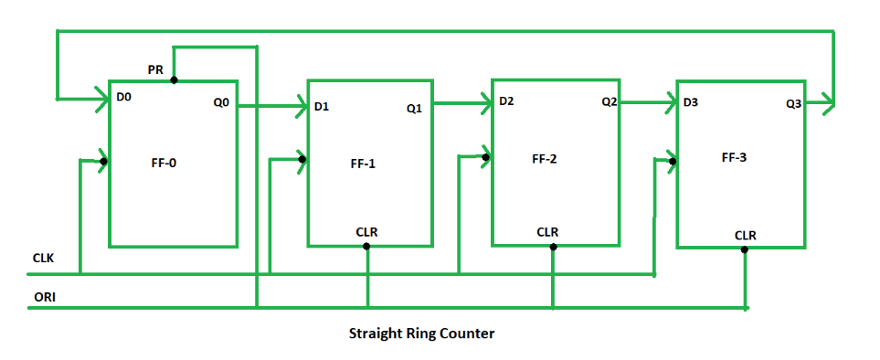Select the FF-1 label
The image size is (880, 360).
tap(363, 164)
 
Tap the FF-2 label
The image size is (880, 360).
tap(546, 158)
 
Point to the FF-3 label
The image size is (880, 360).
tap(733, 157)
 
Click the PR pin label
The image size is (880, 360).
tap(156, 69)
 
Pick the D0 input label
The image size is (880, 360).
tap(125, 94)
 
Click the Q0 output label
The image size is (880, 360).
tap(221, 103)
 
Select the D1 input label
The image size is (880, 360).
tap(322, 107)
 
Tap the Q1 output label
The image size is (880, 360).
tap(414, 109)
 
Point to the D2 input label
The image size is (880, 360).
tap(508, 101)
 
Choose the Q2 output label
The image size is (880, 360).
tap(609, 102)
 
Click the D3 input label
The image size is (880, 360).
tap(692, 102)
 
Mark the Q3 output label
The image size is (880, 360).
tap(793, 104)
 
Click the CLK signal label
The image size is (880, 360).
tap(42, 258)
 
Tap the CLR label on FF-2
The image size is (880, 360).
tap(547, 232)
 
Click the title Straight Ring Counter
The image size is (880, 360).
tap(421, 334)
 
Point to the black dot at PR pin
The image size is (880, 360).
tap(174, 79)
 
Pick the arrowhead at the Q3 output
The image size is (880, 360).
tap(828, 103)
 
